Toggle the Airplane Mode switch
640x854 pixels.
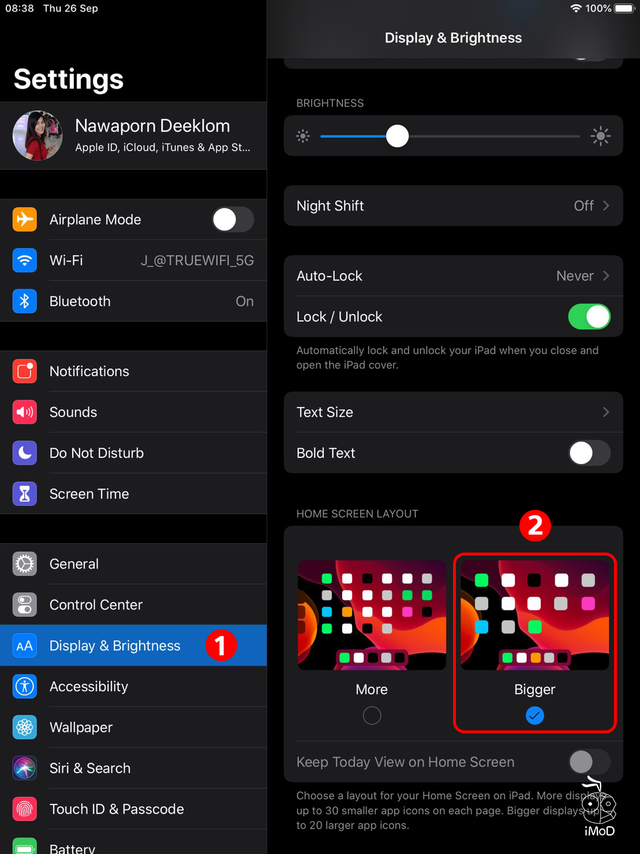point(232,219)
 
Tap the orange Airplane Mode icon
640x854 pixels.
point(25,219)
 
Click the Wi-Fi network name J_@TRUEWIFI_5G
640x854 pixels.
point(197,260)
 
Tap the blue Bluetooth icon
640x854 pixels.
point(25,301)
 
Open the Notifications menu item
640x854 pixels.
point(89,371)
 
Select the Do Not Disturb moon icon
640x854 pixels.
point(25,453)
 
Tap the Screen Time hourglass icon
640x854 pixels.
point(25,494)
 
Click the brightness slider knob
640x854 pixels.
point(397,136)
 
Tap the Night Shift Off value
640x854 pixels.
point(583,206)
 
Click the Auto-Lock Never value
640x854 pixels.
point(575,276)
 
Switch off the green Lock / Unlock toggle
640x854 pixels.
point(589,317)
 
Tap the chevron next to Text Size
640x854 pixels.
point(606,412)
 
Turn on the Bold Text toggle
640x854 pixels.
point(589,453)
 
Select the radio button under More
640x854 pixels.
point(372,716)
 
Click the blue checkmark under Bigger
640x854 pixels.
point(535,716)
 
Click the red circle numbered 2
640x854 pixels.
point(535,526)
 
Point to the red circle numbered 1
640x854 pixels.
point(222,646)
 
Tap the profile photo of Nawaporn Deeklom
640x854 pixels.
point(38,136)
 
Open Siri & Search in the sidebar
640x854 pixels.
point(90,769)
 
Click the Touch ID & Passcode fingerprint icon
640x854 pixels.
point(25,810)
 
